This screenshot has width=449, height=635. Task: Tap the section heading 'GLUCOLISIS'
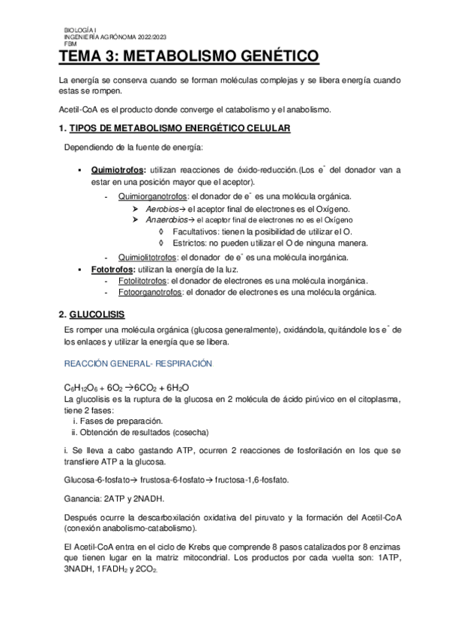click(x=97, y=313)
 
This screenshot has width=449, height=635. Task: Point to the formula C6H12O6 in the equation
click(x=79, y=387)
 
